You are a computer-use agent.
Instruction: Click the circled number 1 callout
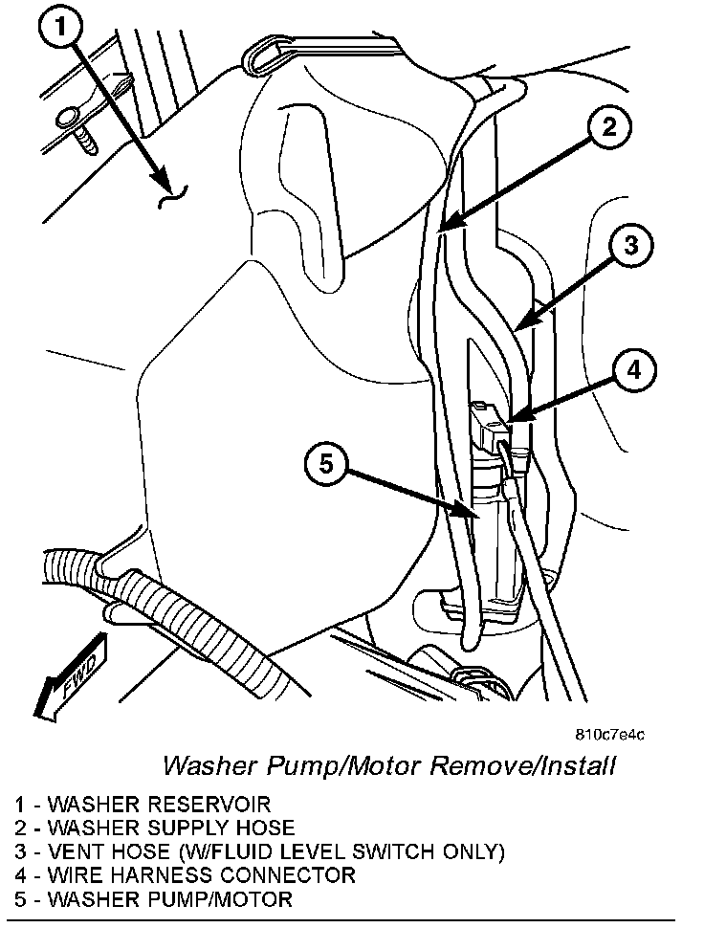point(61,27)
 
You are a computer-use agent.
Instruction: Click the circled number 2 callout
point(608,126)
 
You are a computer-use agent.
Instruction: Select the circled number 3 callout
point(630,244)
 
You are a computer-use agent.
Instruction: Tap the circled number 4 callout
point(633,370)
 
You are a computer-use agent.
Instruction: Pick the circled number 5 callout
point(326,464)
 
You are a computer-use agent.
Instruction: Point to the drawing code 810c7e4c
point(610,735)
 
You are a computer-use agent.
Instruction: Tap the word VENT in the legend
point(77,851)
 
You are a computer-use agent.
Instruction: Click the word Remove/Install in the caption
point(522,765)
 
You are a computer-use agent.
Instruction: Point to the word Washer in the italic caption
point(210,765)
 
